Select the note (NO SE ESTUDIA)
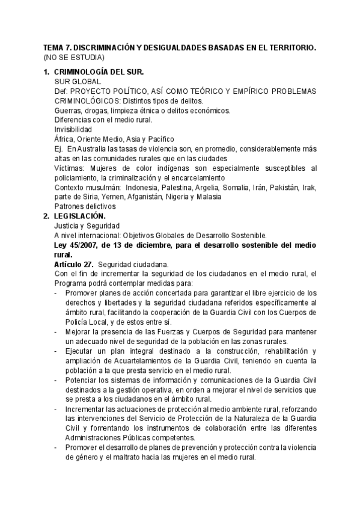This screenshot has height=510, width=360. point(73,57)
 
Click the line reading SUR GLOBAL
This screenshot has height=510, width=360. point(78,81)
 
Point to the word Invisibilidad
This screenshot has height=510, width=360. point(73,129)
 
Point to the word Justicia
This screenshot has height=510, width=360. point(68,225)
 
